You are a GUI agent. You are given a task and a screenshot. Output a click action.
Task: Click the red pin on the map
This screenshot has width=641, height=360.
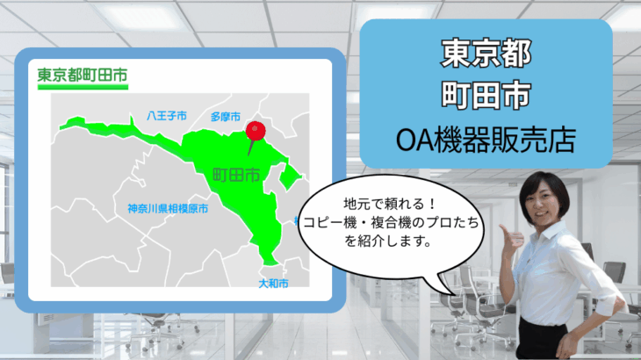click(256, 131)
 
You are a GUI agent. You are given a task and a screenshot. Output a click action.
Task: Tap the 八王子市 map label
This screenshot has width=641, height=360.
click(167, 116)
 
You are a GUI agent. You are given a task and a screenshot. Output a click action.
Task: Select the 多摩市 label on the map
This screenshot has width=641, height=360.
click(226, 116)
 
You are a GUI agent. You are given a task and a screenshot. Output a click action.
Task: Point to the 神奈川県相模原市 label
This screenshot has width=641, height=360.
click(167, 209)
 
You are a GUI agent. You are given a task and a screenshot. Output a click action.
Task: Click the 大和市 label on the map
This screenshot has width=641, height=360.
click(273, 284)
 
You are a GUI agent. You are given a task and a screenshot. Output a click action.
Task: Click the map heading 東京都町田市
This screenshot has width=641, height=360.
click(82, 76)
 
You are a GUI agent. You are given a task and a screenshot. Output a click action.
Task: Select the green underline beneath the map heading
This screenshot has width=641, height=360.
click(82, 89)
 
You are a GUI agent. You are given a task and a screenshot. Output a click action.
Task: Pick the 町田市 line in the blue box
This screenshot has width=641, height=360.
click(486, 97)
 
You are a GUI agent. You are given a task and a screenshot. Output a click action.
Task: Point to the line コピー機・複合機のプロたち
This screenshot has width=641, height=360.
click(384, 223)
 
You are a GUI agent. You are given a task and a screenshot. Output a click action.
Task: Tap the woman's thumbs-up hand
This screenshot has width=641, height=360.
click(510, 236)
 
